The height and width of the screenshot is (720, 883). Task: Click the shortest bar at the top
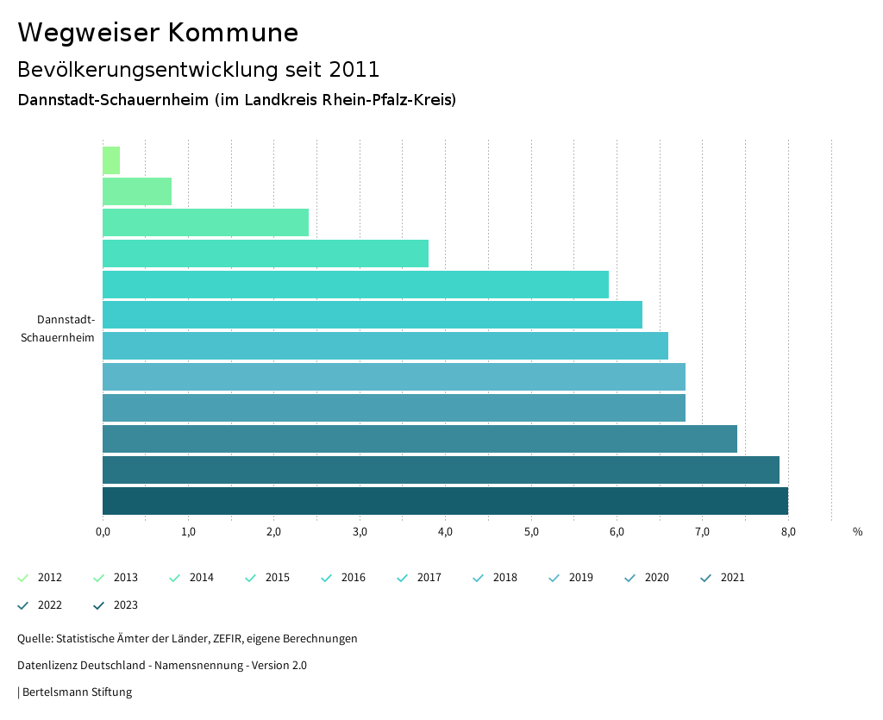(111, 160)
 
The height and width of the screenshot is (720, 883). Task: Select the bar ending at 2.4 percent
(205, 222)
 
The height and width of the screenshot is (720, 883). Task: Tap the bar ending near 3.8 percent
(266, 254)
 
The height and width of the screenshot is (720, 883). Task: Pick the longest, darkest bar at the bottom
(445, 501)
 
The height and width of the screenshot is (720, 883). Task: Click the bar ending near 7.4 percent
(419, 439)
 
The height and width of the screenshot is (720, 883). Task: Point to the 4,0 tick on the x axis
(445, 531)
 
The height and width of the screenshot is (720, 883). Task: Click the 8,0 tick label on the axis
(788, 531)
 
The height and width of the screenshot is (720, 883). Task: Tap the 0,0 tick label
(103, 531)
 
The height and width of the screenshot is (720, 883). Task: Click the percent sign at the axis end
(857, 531)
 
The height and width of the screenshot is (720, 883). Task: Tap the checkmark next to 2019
(554, 578)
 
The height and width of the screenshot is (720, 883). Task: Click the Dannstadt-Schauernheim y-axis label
(58, 329)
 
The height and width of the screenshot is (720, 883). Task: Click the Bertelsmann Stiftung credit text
(77, 692)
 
